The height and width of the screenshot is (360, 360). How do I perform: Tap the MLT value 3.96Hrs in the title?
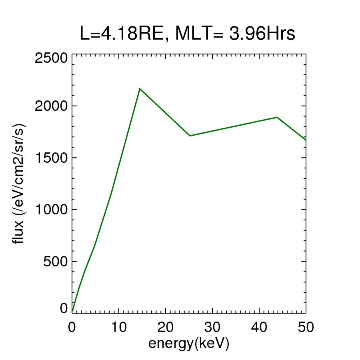coord(262,34)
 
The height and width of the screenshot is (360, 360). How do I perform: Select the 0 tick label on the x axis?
coord(72,327)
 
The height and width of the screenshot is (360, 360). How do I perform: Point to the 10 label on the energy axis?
coord(118,327)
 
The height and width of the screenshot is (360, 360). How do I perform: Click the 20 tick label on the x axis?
coord(165,327)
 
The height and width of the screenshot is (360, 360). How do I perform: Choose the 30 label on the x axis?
coord(212,327)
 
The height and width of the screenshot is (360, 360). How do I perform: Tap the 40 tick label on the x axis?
coord(259,327)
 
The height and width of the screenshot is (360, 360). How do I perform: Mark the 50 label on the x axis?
coord(305,327)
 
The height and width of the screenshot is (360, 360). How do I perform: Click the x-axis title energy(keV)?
coord(188,344)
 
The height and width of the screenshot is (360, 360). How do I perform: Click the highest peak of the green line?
coord(140,88)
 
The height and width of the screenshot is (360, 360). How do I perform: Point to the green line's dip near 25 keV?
coord(190,136)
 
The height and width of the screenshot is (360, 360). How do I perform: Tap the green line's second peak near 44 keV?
coord(277,117)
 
